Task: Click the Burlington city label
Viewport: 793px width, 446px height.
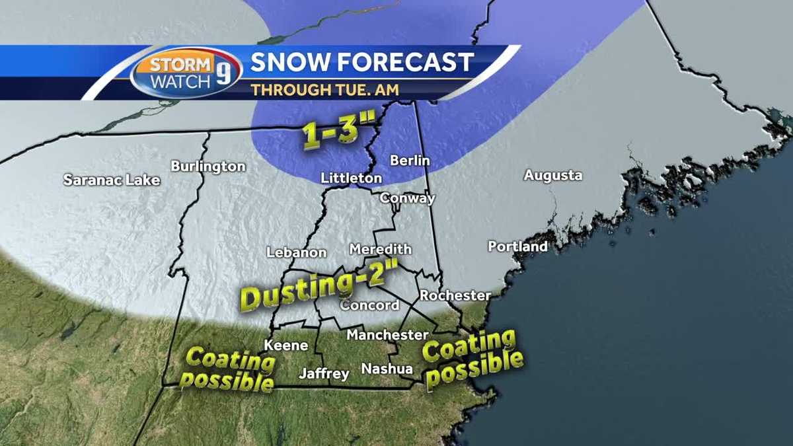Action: point(208,167)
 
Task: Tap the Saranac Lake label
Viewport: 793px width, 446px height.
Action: point(112,180)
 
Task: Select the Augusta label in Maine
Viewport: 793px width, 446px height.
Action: point(553,176)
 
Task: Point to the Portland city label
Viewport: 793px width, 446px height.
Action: point(517,246)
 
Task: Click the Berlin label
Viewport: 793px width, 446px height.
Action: point(410,161)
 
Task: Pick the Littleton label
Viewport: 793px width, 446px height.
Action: point(351,178)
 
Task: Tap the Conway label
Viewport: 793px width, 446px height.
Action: point(408,198)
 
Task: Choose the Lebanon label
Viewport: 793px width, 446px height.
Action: point(297,252)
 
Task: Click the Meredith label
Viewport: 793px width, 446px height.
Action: point(380,249)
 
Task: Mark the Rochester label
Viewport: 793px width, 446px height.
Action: point(455,295)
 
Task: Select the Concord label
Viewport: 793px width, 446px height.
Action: point(369,305)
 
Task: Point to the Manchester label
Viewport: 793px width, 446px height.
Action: point(387,335)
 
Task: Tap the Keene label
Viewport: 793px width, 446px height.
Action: point(286,345)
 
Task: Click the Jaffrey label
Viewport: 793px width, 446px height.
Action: point(324,374)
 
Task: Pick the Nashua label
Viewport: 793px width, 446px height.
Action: point(387,369)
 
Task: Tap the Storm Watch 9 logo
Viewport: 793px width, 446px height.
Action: point(186,72)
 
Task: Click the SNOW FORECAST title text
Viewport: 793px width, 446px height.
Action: point(362,62)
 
